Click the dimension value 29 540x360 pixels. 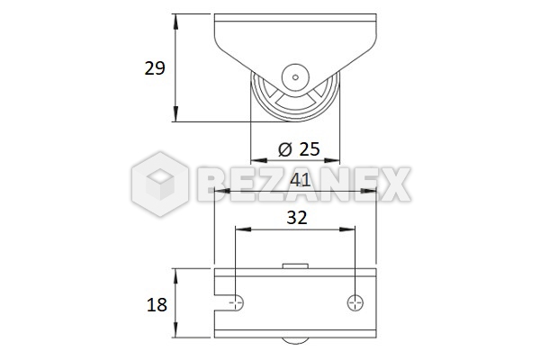pos(155,68)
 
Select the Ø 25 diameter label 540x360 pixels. pos(299,149)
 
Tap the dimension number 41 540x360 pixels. pos(301,180)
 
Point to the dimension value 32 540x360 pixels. pos(297,218)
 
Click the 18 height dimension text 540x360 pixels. pos(157,305)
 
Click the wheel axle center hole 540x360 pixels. pos(295,77)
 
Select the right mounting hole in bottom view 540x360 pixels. pos(355,302)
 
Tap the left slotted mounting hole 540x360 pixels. pos(230,302)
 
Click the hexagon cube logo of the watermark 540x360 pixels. pos(160,184)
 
